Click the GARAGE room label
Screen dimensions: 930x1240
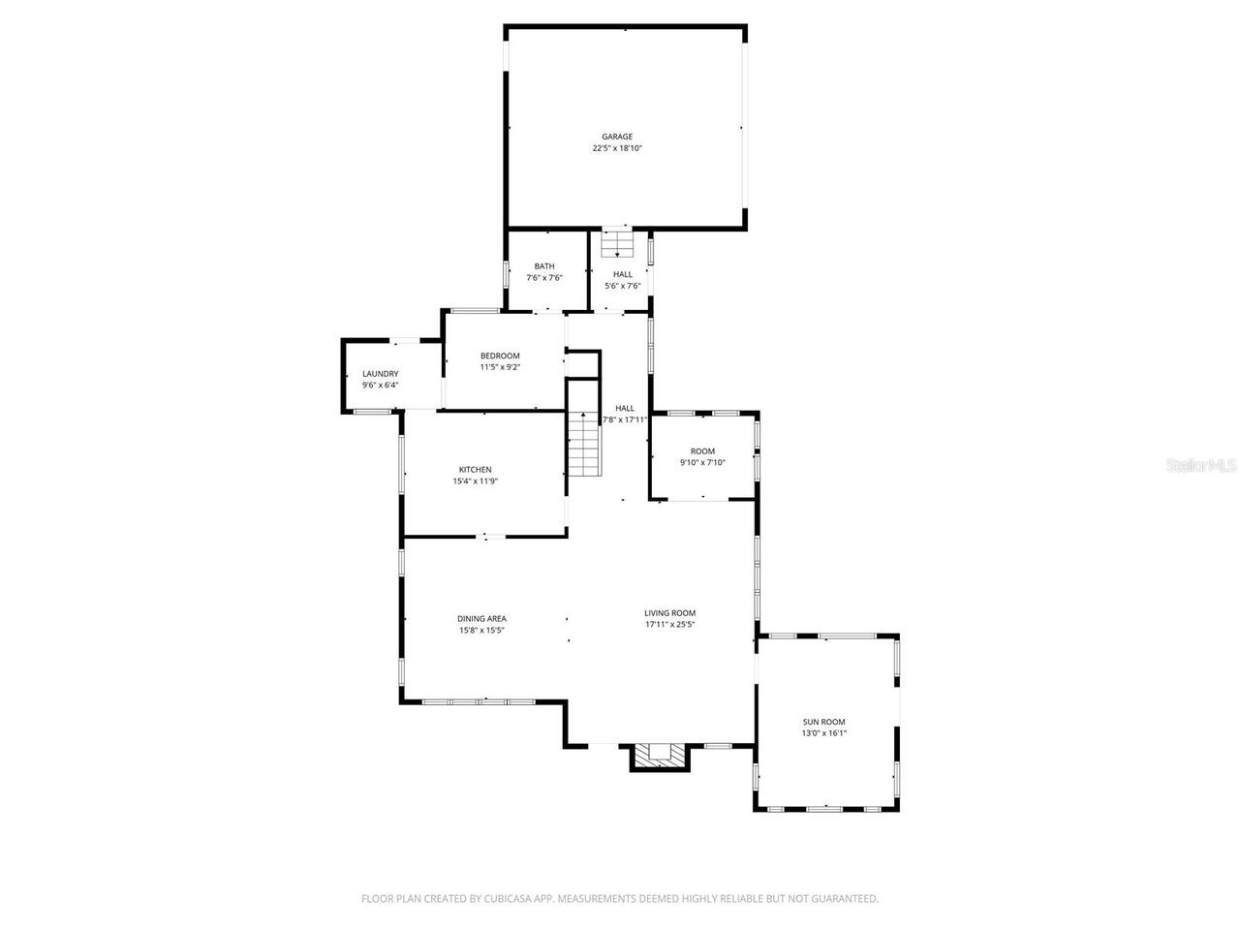(x=617, y=137)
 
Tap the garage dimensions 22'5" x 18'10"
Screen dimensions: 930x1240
(x=617, y=149)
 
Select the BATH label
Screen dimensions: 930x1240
(x=544, y=266)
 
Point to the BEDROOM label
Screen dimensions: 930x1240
(x=500, y=356)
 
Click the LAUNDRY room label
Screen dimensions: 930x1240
(x=381, y=374)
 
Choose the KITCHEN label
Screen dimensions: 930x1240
(x=475, y=470)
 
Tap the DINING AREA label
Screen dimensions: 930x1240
(x=481, y=619)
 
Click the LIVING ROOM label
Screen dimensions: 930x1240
(x=670, y=613)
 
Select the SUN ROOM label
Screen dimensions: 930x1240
(x=824, y=722)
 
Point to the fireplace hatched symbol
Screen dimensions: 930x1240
(x=661, y=754)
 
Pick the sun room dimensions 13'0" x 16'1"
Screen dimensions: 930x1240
(x=824, y=733)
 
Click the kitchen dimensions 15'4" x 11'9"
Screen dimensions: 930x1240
(x=475, y=481)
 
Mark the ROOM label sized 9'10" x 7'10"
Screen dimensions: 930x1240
(x=702, y=451)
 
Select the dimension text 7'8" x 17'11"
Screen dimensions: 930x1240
(x=625, y=420)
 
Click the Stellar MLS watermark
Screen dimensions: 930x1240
(x=1201, y=466)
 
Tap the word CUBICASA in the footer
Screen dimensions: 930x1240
(x=511, y=899)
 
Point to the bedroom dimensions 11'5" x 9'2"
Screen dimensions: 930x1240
(x=500, y=367)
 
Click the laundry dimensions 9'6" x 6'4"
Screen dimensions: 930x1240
(x=381, y=386)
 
